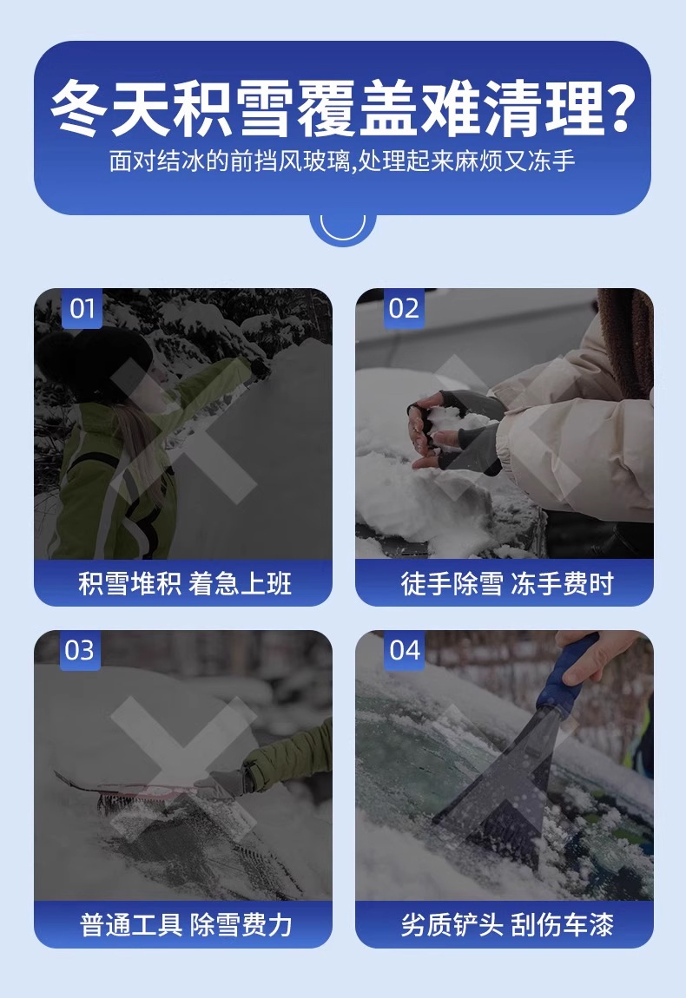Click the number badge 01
coord(82,309)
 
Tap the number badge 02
coord(404,309)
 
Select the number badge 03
coord(80,651)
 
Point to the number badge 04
coord(405,651)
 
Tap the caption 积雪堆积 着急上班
coord(185,583)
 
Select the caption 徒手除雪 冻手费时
coord(507,583)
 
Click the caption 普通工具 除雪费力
coord(185,925)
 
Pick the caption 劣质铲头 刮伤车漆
coord(507,925)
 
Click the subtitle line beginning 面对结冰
coord(342,161)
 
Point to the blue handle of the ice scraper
coord(568,674)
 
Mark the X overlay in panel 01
coord(183,431)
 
